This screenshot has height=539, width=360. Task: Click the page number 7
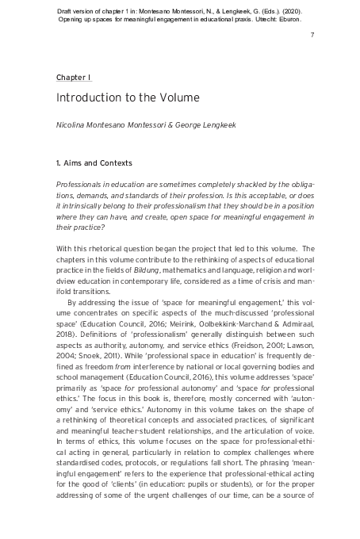point(312,36)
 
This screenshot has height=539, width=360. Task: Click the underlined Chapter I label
point(74,77)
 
